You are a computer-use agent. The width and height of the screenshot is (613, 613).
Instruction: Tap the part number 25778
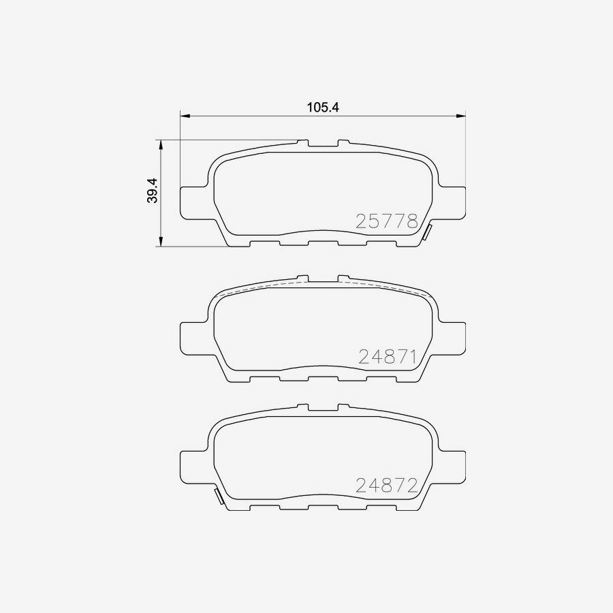click(x=387, y=221)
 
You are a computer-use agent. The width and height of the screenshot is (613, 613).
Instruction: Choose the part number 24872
click(x=387, y=485)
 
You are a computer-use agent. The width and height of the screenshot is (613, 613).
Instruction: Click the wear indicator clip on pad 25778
click(x=427, y=232)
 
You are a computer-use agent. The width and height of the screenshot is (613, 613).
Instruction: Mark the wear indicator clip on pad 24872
click(x=219, y=497)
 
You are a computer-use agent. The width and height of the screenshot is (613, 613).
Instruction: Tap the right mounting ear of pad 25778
click(x=451, y=203)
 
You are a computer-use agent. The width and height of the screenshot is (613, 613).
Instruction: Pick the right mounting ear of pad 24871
click(x=451, y=337)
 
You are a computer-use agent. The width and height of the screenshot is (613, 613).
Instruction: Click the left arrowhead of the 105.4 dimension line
click(x=185, y=116)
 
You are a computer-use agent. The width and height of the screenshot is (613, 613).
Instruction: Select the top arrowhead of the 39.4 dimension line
click(x=161, y=144)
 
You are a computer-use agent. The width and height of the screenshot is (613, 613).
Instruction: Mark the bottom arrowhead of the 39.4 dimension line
click(x=161, y=242)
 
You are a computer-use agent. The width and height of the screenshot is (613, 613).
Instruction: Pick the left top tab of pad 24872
click(x=303, y=407)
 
